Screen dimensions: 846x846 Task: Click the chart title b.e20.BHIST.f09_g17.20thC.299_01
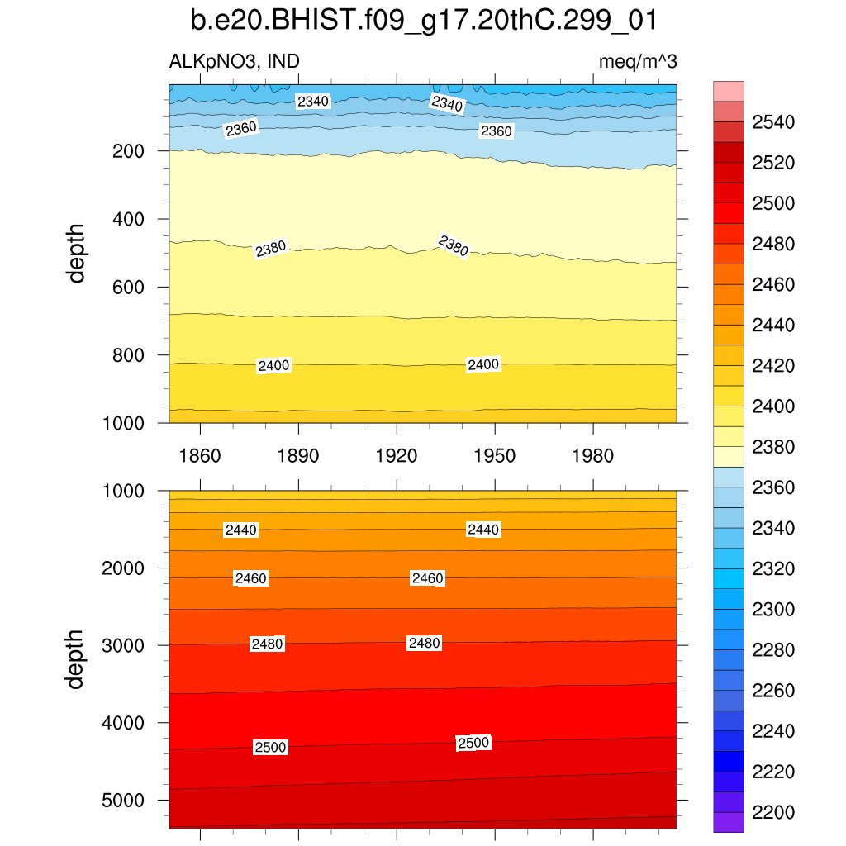coord(423,20)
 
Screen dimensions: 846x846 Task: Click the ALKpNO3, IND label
coord(235,61)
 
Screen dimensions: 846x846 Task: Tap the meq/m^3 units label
coord(639,61)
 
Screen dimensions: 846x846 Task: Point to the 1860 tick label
coord(201,456)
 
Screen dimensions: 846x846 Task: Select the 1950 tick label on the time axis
coord(495,456)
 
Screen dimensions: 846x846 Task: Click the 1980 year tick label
coord(593,456)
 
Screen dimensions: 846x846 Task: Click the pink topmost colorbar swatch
coord(729,91)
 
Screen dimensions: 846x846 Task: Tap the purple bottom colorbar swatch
coord(729,822)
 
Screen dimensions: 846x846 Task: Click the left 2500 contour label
coord(270,748)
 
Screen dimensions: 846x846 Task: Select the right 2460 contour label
coord(428,578)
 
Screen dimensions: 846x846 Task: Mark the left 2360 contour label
coord(241,128)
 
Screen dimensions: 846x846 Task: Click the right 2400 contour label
coord(483,364)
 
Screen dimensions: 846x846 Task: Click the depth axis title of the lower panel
coord(77,658)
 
